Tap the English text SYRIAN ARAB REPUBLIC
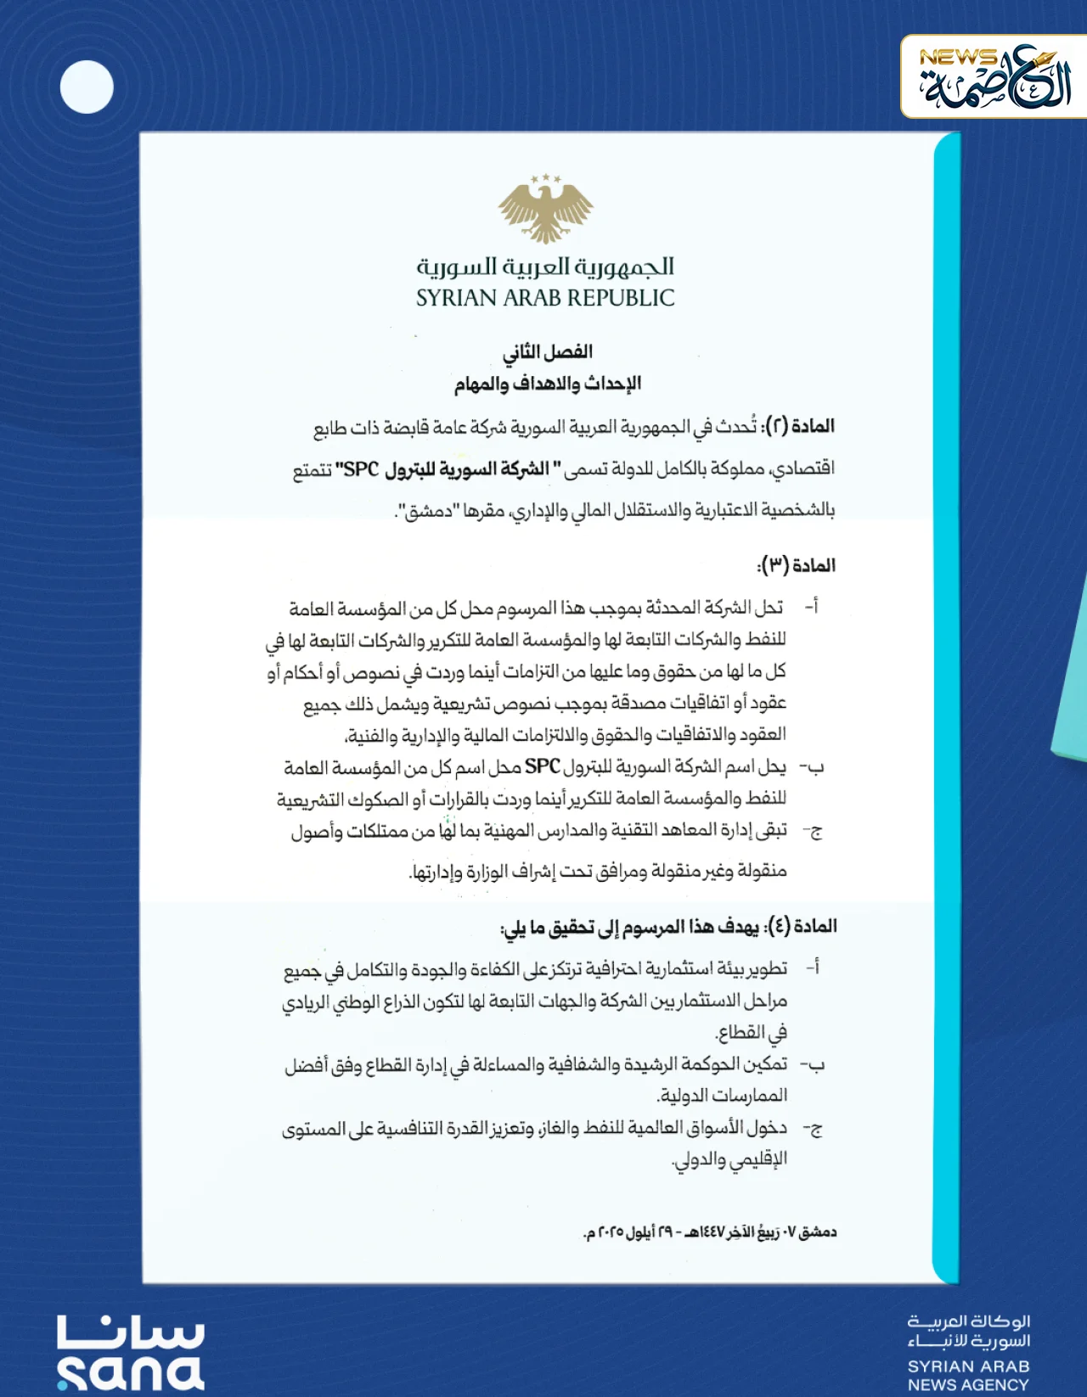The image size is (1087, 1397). [x=545, y=298]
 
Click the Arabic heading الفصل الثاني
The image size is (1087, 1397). [x=548, y=351]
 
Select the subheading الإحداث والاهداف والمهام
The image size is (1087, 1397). [x=548, y=384]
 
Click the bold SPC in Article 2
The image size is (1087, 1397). [x=361, y=468]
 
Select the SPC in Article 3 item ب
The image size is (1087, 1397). [x=542, y=767]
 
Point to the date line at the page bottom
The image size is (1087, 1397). [x=710, y=1231]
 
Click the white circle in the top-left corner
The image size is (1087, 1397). [x=87, y=87]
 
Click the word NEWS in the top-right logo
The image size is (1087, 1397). [x=958, y=58]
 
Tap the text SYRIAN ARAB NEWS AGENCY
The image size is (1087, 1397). [x=968, y=1375]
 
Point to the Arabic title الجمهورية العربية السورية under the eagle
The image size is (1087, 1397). [x=545, y=266]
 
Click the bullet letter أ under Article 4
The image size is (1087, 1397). [x=813, y=968]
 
